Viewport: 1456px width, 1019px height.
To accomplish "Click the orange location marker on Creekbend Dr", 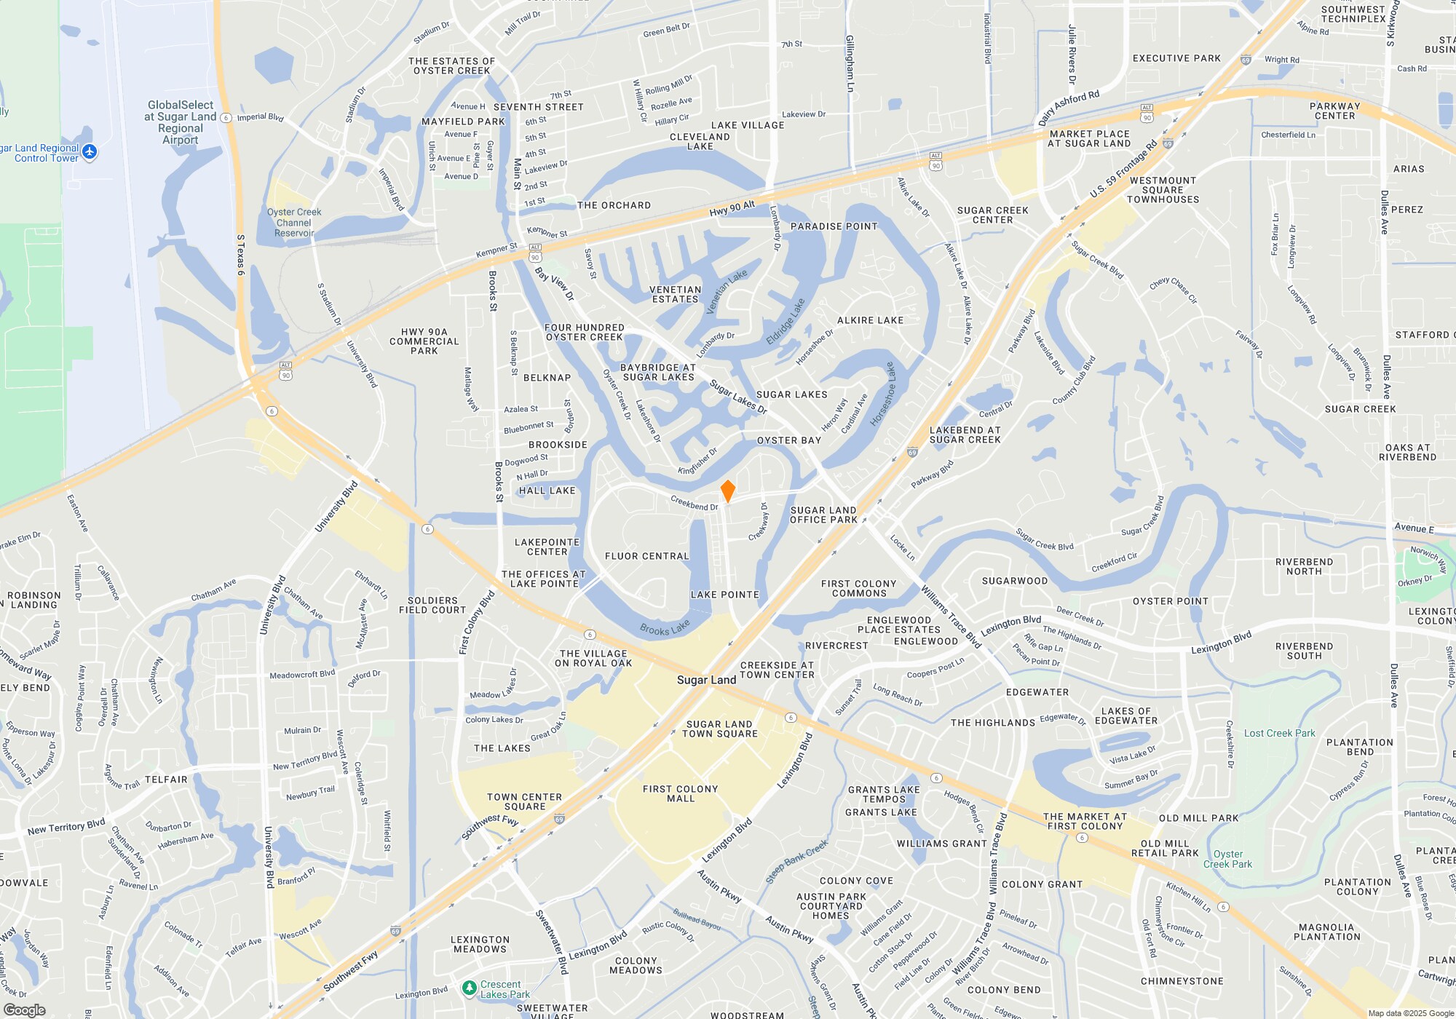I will [727, 491].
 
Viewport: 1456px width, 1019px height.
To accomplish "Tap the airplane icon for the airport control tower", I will [90, 152].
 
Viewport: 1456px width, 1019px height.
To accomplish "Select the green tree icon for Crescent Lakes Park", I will [470, 988].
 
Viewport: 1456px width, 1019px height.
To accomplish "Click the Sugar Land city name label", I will [706, 680].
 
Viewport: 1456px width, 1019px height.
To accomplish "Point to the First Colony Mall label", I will [680, 793].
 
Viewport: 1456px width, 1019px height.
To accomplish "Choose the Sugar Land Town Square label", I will [719, 729].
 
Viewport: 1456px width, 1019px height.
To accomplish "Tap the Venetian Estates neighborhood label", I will [675, 294].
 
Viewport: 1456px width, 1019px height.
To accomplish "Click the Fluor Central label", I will [646, 556].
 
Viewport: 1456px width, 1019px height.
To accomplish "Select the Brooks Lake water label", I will [665, 628].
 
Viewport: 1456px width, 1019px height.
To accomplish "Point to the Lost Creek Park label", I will [1279, 733].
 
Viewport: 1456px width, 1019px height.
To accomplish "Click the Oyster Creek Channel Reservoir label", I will [294, 223].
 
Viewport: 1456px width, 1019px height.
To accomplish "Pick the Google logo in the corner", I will [24, 1010].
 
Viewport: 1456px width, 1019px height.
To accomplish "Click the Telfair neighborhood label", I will [166, 780].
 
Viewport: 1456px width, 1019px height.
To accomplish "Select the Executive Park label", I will [1176, 58].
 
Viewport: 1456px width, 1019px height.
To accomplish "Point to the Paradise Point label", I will [834, 226].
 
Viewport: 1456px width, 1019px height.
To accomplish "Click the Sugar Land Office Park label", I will [823, 515].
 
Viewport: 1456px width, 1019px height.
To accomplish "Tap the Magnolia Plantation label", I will [1326, 932].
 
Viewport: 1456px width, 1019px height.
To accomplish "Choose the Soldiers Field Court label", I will [432, 605].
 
